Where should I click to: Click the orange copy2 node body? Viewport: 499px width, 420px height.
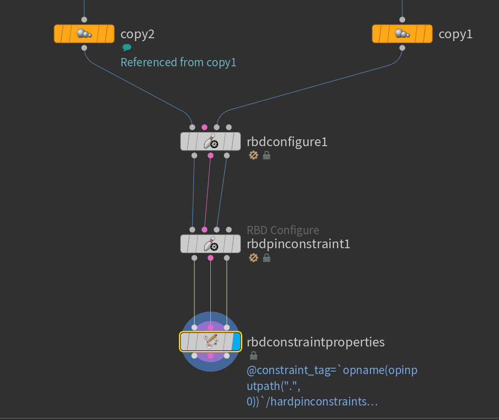(x=84, y=34)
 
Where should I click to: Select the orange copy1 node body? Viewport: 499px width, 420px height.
(x=402, y=34)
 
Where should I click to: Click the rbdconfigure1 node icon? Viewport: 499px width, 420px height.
(x=210, y=142)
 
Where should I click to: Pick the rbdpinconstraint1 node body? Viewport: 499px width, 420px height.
(x=210, y=244)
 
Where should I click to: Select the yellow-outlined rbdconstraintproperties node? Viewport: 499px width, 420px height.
(x=210, y=342)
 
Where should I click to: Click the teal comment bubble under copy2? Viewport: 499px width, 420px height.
(x=127, y=47)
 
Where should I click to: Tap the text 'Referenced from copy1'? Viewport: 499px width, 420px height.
(x=178, y=62)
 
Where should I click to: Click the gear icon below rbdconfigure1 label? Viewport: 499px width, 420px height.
(x=253, y=155)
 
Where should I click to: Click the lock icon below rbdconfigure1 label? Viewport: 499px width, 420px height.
(x=266, y=155)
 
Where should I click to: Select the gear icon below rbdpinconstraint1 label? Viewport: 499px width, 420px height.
(x=253, y=258)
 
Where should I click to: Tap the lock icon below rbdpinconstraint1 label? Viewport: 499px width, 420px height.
(x=266, y=258)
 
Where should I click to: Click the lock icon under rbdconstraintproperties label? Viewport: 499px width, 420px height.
(x=253, y=356)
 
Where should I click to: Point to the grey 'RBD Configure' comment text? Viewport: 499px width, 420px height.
(x=283, y=230)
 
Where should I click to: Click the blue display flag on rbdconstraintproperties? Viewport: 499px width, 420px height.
(x=236, y=342)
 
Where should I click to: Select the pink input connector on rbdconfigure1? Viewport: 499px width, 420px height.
(x=205, y=127)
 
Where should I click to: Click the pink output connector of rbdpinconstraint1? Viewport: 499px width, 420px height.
(x=210, y=258)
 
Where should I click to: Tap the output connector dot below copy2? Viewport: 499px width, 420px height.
(x=84, y=48)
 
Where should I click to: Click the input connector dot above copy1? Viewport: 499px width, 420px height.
(x=402, y=20)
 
